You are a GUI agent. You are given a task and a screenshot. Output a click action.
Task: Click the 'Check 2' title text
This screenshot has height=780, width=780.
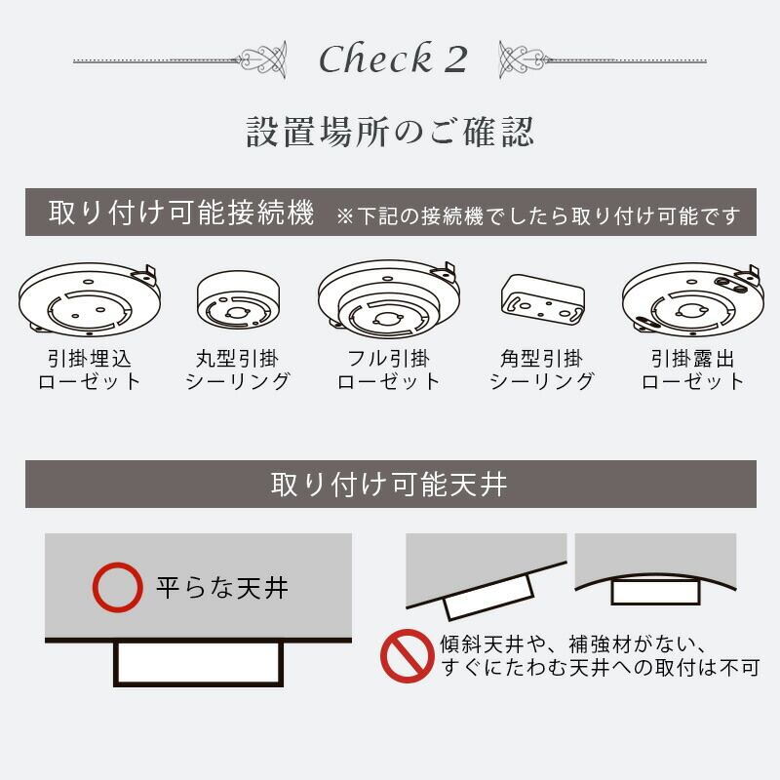coord(393,58)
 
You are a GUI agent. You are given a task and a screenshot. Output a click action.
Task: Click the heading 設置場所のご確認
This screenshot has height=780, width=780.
coord(390,132)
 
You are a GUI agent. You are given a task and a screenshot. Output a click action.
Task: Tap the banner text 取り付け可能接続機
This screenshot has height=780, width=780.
coord(181,213)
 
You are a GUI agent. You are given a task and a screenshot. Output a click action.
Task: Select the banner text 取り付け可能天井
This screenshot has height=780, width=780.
coord(389,484)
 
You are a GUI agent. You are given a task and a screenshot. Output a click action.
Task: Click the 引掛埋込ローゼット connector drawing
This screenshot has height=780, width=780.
coord(90,299)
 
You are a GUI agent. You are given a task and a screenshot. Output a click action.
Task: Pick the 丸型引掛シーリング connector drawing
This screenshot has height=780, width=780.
coord(238,300)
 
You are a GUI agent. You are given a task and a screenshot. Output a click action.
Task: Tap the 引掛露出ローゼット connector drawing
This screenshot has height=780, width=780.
coord(692,300)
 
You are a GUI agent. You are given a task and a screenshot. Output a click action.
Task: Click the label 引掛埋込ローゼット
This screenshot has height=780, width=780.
coord(90,370)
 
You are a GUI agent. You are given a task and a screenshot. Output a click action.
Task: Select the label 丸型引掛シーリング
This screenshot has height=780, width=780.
coord(238,370)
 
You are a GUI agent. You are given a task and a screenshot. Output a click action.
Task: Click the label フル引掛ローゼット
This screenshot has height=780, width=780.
coord(389,370)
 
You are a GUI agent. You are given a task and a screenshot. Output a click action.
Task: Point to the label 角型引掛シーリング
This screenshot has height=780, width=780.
coord(542,370)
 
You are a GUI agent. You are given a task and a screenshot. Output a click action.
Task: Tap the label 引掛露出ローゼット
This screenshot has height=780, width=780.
coord(692,370)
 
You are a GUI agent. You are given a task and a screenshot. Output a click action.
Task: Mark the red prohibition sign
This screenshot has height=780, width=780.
coord(408,656)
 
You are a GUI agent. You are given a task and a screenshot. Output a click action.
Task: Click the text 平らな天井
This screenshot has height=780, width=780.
coord(222,588)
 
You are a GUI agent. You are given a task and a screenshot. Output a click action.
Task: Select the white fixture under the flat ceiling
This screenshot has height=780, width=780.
coord(199,664)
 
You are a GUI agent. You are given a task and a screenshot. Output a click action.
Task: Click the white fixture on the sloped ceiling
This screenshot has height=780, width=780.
coord(488,598)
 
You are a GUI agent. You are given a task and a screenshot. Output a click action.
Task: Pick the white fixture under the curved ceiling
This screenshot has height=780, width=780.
coord(655,592)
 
